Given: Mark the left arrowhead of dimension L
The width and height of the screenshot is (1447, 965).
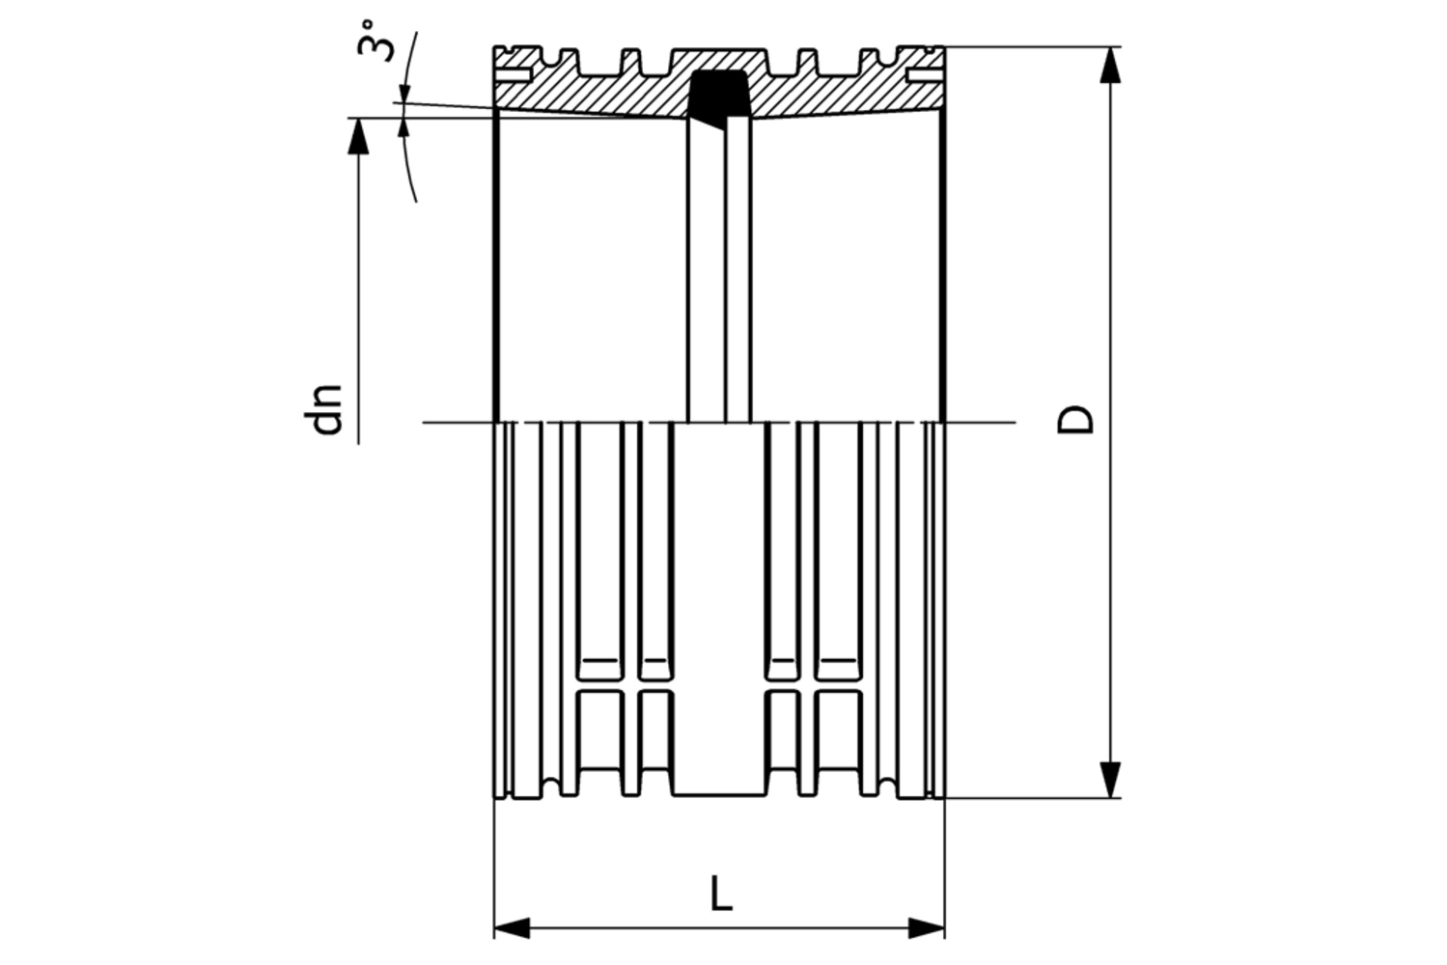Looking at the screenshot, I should pyautogui.click(x=513, y=928).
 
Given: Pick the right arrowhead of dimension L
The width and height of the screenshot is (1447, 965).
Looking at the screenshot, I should pyautogui.click(x=926, y=928).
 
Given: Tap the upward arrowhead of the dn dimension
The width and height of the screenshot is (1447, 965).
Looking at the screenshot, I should pyautogui.click(x=358, y=135).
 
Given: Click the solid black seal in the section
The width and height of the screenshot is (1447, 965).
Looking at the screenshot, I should pyautogui.click(x=720, y=93).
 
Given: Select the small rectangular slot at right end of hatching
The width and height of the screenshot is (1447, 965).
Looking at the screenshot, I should pyautogui.click(x=924, y=74).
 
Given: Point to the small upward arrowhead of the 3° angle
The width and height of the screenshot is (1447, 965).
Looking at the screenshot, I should pyautogui.click(x=403, y=124).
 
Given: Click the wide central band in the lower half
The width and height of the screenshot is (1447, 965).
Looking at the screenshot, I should pyautogui.click(x=719, y=608).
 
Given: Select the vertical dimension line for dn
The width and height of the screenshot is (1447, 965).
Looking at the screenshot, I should pyautogui.click(x=358, y=289).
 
